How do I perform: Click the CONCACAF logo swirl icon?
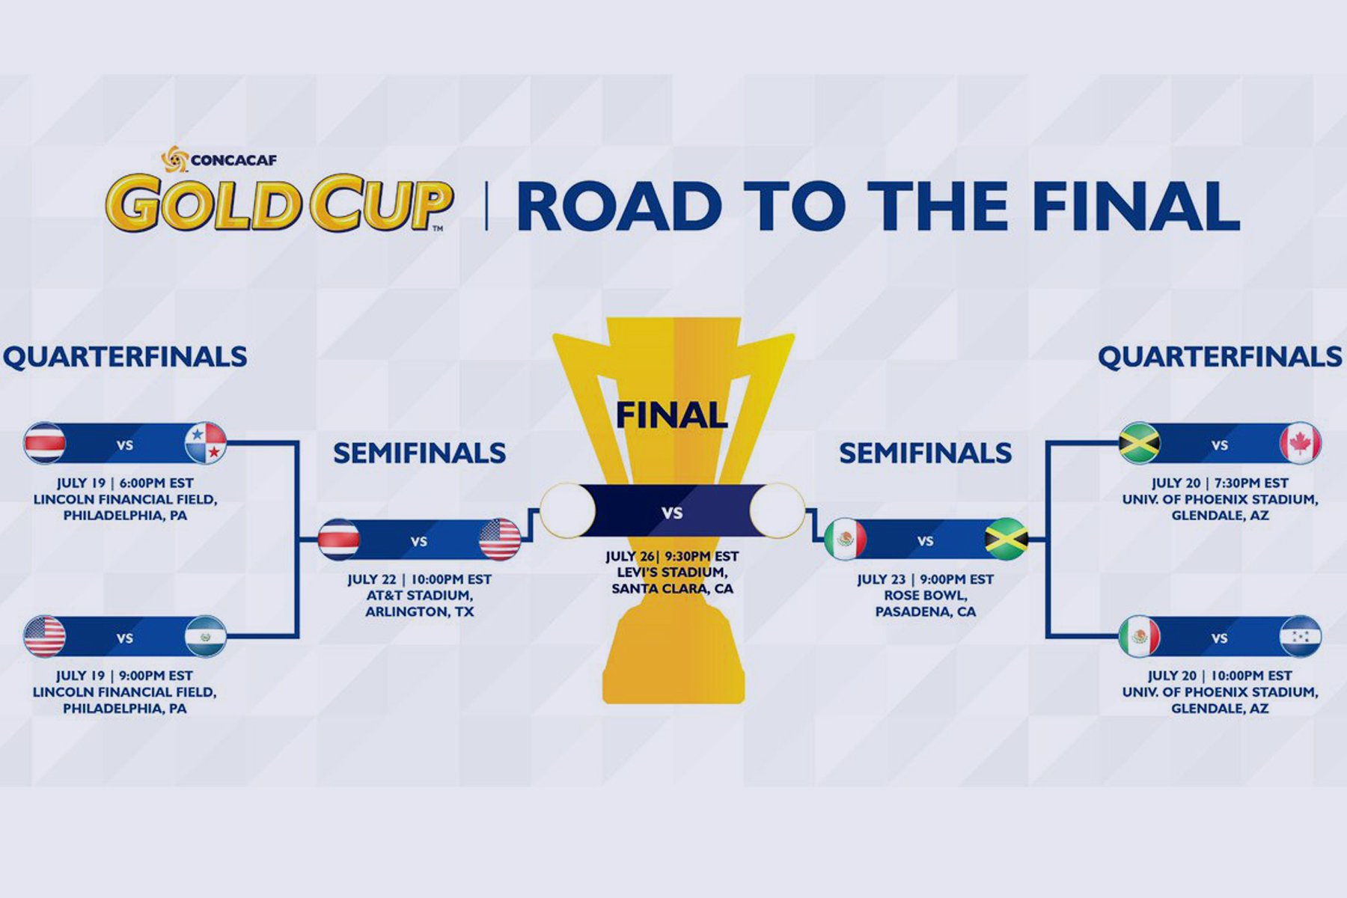click(174, 159)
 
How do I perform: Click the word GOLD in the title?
click(204, 202)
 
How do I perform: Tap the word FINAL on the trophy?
click(671, 415)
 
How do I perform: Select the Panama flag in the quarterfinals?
click(206, 443)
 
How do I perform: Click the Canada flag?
click(1301, 443)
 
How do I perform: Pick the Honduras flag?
click(1301, 636)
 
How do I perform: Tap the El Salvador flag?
click(206, 636)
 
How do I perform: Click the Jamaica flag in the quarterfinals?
click(1139, 443)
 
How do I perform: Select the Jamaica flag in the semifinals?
click(1007, 540)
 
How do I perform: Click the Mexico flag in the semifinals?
click(846, 540)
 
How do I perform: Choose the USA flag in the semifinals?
click(500, 540)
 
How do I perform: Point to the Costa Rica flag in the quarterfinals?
click(45, 443)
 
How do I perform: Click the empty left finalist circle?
click(568, 510)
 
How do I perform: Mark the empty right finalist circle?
click(778, 510)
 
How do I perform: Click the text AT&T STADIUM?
click(420, 596)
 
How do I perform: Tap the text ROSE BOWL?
click(926, 596)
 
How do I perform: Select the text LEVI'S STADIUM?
click(672, 572)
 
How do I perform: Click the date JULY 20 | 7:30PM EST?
click(1220, 483)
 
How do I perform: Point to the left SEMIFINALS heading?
click(420, 453)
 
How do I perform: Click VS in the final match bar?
click(672, 513)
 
